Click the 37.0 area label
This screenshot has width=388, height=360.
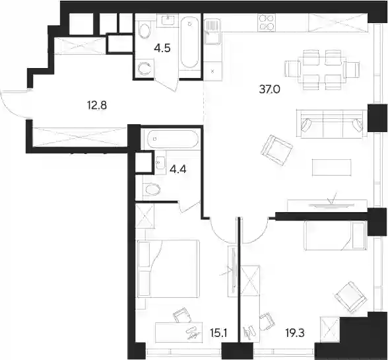click(269, 89)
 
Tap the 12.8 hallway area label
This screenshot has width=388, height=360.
click(96, 106)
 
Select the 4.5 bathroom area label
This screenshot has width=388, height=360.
click(162, 48)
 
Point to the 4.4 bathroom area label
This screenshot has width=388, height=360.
click(178, 170)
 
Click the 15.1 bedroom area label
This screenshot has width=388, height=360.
click(218, 333)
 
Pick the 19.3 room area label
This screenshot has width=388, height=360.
click(295, 333)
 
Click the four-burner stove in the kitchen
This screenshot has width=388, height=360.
click(267, 22)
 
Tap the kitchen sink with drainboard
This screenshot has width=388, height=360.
click(211, 32)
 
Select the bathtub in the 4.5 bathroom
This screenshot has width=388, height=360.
click(189, 42)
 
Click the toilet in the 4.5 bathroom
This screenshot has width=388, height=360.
click(145, 29)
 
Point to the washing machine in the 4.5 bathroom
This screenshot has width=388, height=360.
click(144, 69)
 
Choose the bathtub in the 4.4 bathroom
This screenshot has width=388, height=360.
click(172, 139)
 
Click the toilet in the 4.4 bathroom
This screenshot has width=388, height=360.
click(151, 190)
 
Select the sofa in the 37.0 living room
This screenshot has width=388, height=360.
click(331, 124)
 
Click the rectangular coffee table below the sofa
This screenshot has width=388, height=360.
click(331, 168)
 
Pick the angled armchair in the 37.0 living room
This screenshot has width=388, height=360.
click(276, 150)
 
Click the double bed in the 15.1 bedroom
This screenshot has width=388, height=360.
click(168, 268)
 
